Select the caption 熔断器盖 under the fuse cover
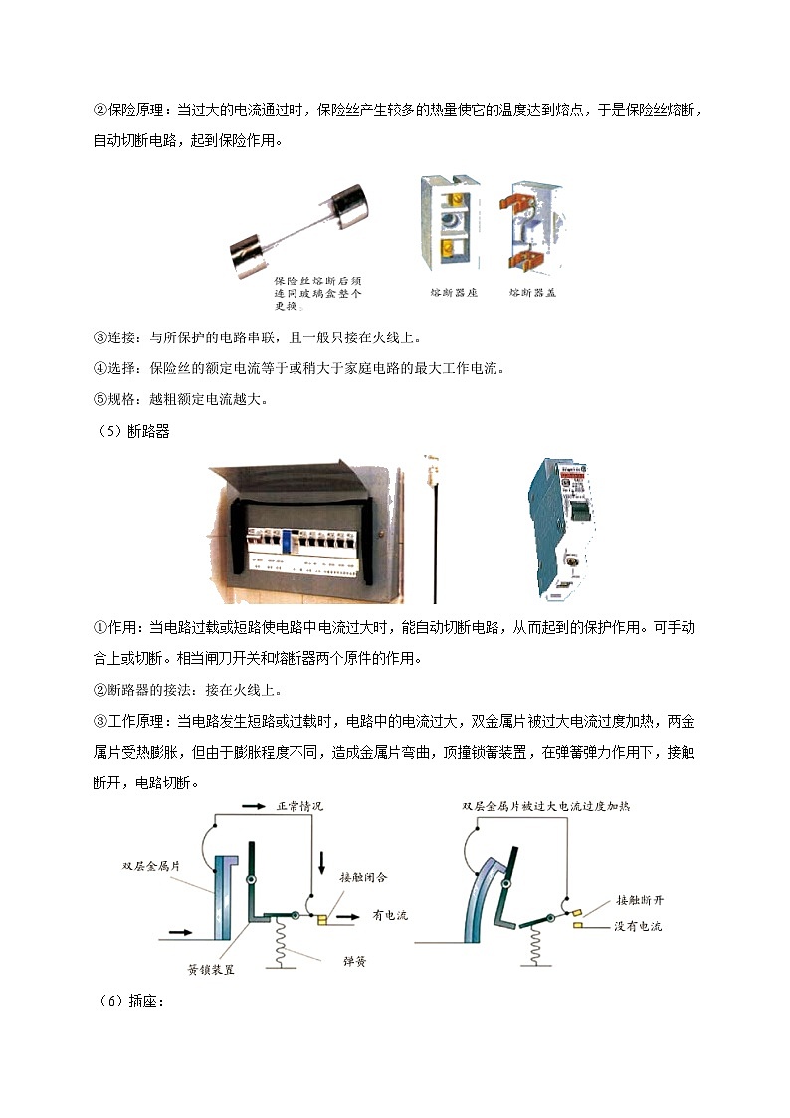click(x=533, y=293)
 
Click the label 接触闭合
click(x=363, y=878)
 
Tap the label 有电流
click(x=391, y=915)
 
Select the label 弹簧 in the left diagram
click(x=354, y=963)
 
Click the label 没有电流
click(x=638, y=927)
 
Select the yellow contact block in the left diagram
click(x=322, y=919)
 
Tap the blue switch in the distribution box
click(x=284, y=540)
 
